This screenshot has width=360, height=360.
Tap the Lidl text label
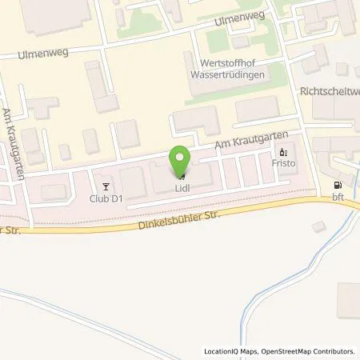tap(182, 190)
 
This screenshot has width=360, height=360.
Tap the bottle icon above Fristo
tap(282, 152)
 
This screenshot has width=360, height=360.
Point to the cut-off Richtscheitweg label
tap(328, 92)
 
